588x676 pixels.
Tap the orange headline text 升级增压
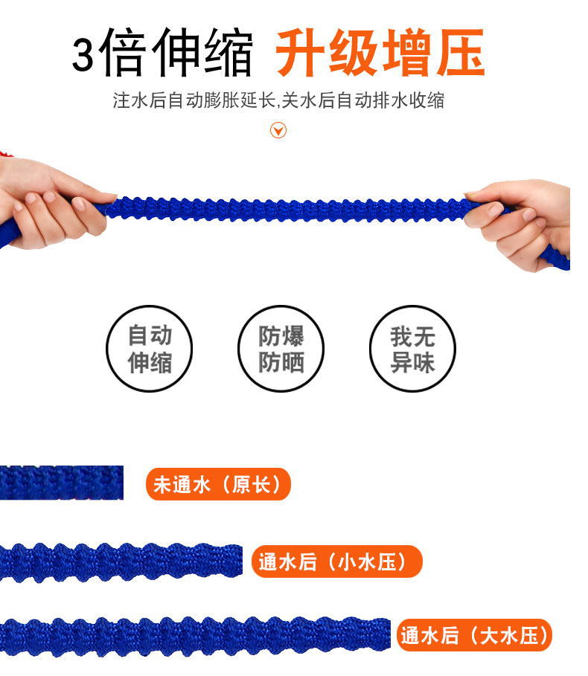380,54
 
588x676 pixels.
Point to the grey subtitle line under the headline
278,100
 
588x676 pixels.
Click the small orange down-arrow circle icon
278,132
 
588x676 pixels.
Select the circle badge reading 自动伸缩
150,348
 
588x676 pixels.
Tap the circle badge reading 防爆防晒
281,348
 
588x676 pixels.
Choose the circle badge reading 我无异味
412,348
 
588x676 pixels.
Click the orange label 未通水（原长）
217,485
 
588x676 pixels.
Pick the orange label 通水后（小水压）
336,562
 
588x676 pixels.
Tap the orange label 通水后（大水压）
475,635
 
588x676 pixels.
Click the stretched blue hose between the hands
290,209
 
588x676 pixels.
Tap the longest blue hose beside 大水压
194,637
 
